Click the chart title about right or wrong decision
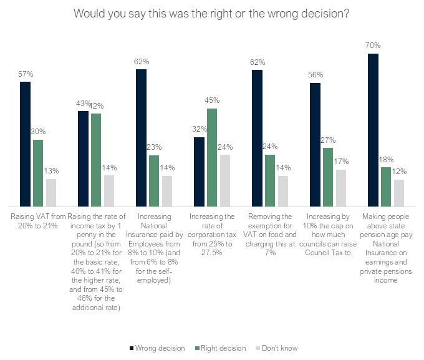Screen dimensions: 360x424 pos(211,13)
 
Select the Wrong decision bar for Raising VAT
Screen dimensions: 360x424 pos(26,144)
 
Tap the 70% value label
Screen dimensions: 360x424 pos(373,46)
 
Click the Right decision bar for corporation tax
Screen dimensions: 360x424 pos(212,157)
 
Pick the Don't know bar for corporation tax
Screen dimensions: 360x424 pos(225,180)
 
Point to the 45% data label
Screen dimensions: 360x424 pos(212,100)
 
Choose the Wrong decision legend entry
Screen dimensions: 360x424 pos(157,348)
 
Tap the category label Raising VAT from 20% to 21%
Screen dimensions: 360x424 pos(38,221)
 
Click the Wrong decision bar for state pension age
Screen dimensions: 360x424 pos(373,130)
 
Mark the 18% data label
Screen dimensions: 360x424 pos(386,159)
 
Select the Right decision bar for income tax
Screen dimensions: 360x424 pos(96,160)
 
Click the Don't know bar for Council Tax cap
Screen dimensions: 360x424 pos(341,188)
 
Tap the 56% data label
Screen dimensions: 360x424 pos(316,75)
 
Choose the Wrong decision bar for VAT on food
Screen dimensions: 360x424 pos(258,138)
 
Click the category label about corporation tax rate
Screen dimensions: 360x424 pos(211,230)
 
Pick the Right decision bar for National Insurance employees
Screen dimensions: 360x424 pos(154,180)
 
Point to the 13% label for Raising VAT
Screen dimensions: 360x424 pos(51,172)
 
